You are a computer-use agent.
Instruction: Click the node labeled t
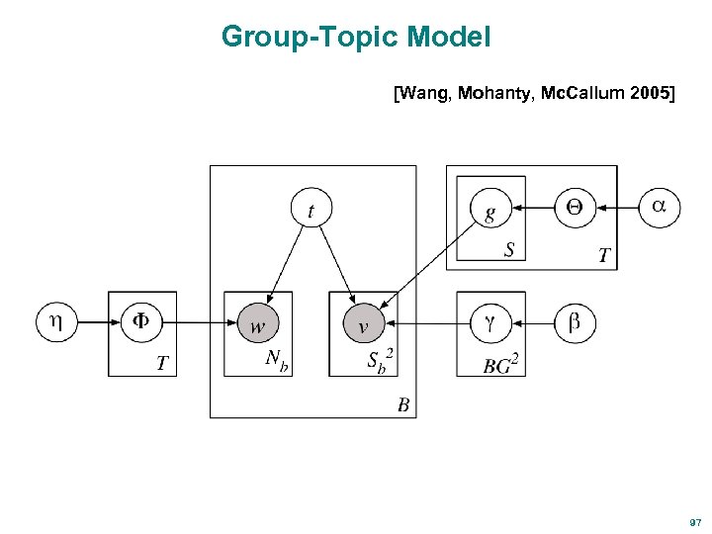(311, 210)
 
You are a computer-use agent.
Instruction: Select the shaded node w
(258, 323)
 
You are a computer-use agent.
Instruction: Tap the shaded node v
(364, 323)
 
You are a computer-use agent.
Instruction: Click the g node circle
(490, 210)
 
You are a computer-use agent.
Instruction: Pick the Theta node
(575, 208)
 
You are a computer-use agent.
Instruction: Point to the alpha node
(660, 208)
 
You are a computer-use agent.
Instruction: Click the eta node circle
(56, 321)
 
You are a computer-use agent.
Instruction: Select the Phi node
(141, 321)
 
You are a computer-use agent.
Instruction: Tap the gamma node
(490, 322)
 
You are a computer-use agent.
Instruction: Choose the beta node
(575, 322)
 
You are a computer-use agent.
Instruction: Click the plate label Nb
(277, 361)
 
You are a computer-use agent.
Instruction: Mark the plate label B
(403, 403)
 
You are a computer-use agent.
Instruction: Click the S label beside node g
(509, 250)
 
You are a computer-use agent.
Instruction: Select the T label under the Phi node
(162, 363)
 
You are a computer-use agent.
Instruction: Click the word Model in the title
(448, 38)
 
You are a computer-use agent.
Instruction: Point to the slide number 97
(694, 521)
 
